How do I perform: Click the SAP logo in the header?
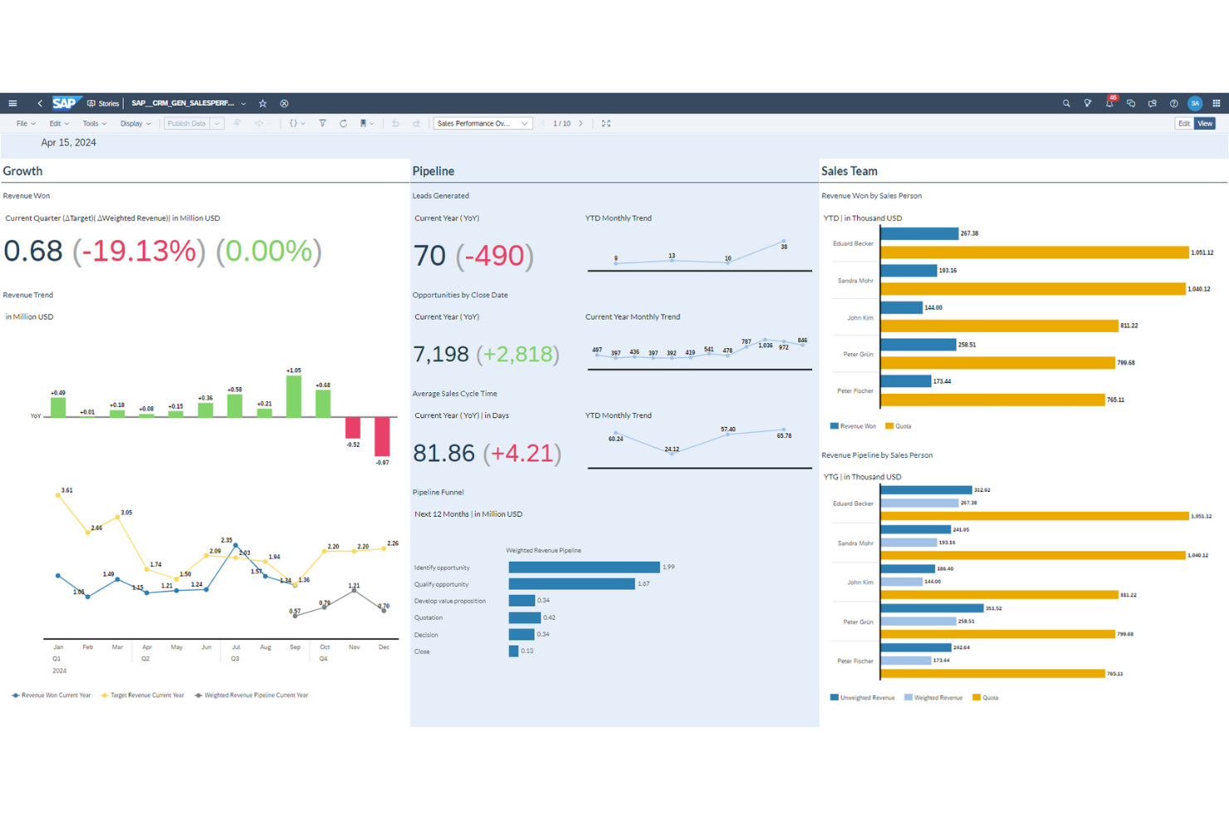(65, 103)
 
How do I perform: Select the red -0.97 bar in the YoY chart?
(382, 436)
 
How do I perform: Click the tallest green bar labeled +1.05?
(293, 396)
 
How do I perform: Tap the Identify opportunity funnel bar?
(584, 567)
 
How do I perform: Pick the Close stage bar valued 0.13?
(513, 651)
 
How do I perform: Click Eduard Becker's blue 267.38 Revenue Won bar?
(918, 233)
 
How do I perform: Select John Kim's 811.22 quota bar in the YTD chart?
(998, 326)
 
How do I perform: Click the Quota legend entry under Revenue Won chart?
(898, 426)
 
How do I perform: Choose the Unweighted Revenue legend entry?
(863, 698)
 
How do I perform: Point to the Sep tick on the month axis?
(295, 647)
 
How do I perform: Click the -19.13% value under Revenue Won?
(139, 251)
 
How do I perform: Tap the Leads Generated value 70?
(429, 256)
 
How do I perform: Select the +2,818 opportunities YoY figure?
(517, 355)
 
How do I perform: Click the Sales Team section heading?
(849, 171)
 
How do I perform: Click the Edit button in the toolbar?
(1183, 124)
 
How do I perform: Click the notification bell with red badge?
(1109, 103)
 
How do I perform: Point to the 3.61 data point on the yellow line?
(58, 495)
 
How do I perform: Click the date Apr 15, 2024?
(68, 143)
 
